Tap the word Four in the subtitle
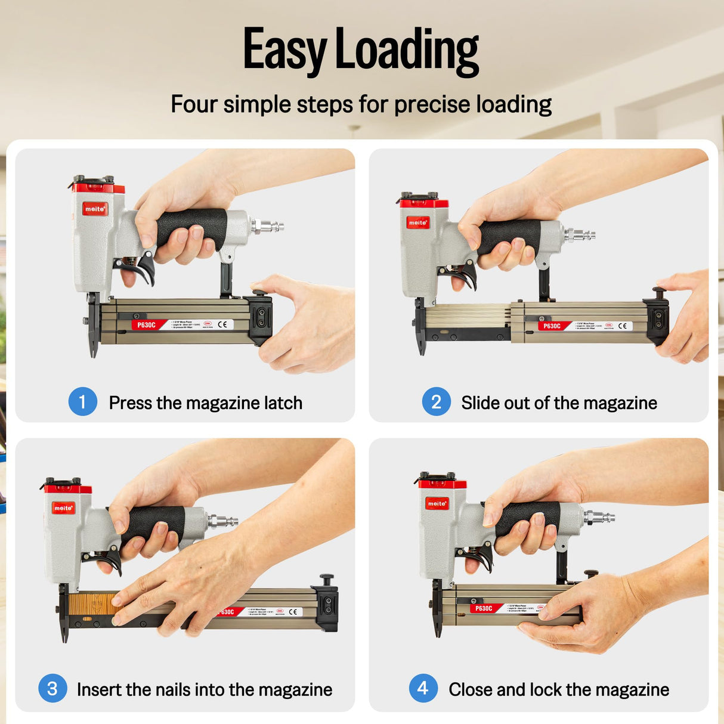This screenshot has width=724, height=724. (194, 104)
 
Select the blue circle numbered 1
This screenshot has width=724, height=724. (83, 402)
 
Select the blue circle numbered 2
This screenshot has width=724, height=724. (437, 402)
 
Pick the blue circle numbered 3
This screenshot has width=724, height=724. (52, 688)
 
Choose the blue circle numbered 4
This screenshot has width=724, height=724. (423, 688)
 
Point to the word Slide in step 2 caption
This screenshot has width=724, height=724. (480, 403)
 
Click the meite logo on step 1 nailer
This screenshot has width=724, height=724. (95, 209)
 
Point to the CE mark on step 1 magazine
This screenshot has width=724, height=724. (222, 324)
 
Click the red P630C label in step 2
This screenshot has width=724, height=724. (552, 326)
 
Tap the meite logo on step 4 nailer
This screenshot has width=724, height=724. (437, 503)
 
